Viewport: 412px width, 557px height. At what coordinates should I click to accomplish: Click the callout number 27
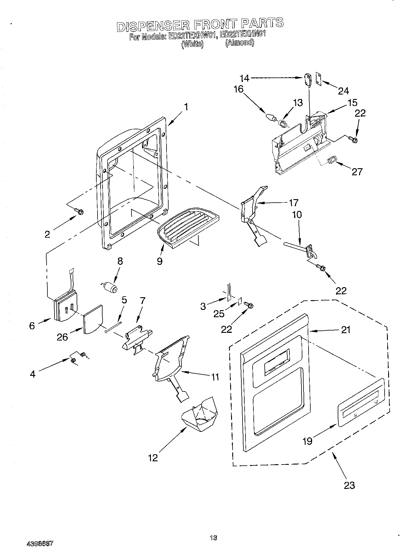tap(357, 171)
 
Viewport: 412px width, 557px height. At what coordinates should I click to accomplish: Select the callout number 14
tap(244, 78)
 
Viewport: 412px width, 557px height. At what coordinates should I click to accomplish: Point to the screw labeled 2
tap(79, 211)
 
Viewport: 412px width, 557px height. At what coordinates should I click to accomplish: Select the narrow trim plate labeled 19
tap(361, 402)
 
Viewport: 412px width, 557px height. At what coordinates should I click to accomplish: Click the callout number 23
tap(349, 485)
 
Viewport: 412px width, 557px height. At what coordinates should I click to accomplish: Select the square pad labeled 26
tap(93, 319)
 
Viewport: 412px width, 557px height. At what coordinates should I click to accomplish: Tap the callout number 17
tap(294, 203)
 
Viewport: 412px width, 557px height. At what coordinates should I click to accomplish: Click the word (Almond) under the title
tap(239, 43)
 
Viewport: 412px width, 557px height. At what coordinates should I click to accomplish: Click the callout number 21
tap(345, 330)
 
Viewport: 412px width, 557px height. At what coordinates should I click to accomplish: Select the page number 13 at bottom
tap(213, 538)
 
